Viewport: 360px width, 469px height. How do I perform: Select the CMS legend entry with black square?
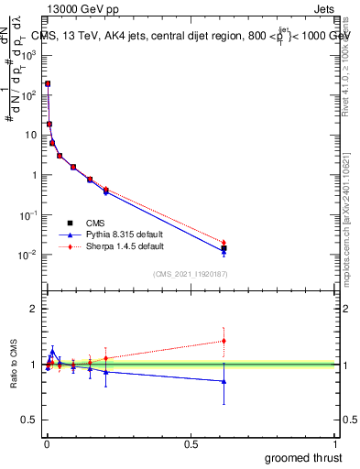(x=94, y=223)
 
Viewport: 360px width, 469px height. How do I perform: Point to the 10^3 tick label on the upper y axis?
(x=29, y=54)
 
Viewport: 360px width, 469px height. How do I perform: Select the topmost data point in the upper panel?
(x=48, y=83)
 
